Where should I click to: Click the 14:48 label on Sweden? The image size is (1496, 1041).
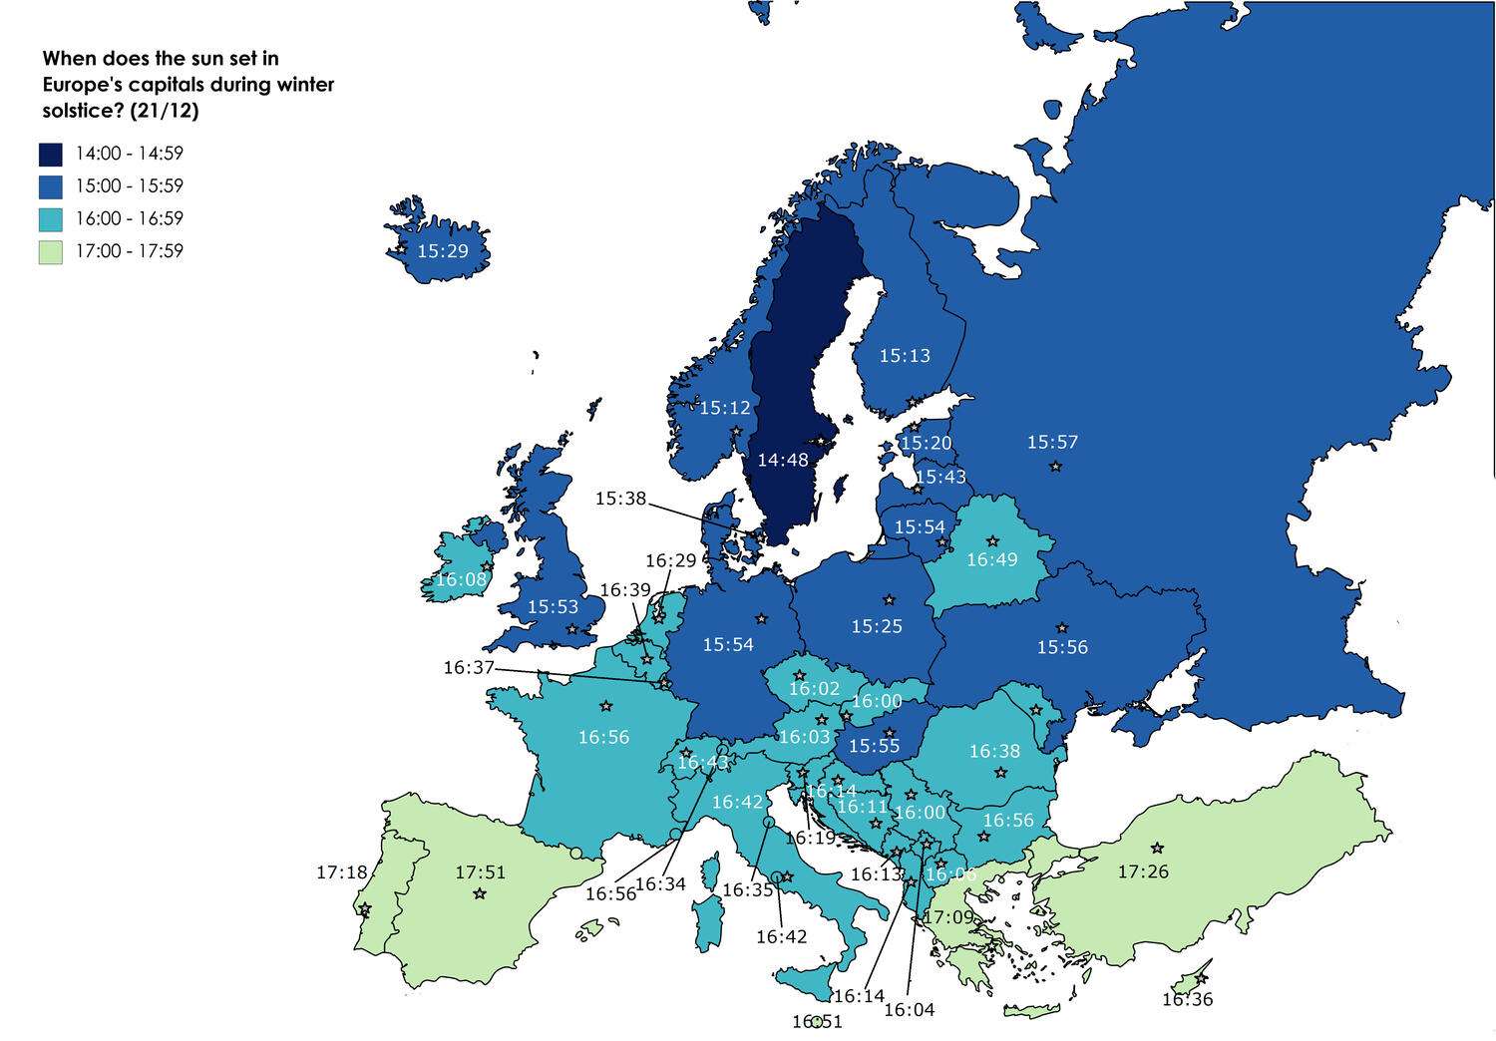[783, 461]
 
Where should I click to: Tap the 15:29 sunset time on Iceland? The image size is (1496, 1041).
[443, 251]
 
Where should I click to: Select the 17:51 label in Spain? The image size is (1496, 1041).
[481, 872]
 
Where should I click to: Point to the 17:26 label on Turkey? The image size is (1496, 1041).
[1143, 872]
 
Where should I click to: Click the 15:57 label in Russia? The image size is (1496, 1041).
[1053, 442]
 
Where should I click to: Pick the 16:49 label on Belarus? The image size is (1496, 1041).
[992, 560]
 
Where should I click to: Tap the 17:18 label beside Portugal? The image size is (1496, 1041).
[342, 872]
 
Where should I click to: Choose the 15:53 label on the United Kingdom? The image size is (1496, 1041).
[554, 606]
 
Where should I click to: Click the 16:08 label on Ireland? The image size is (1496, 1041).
[462, 579]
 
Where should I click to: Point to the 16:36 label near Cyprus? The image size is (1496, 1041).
[1187, 999]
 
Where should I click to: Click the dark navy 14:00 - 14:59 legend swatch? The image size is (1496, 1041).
[51, 154]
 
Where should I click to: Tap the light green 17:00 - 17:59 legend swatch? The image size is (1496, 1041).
[51, 251]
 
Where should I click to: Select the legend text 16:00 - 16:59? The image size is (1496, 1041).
[130, 218]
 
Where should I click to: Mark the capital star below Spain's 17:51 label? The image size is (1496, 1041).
[480, 894]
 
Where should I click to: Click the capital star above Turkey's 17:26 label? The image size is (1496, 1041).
[1157, 849]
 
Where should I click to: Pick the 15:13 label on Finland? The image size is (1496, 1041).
[905, 356]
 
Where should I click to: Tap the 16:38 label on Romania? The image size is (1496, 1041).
[994, 751]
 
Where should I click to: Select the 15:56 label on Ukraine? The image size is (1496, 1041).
[1062, 648]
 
